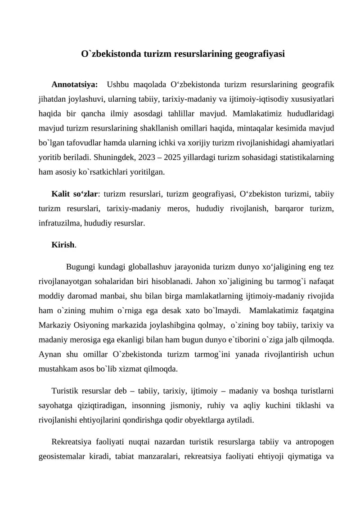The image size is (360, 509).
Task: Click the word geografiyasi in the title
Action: [260, 54]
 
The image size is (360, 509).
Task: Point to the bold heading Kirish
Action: [63, 245]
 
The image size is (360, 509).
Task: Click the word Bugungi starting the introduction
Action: [80, 267]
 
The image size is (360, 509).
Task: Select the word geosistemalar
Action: [62, 457]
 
